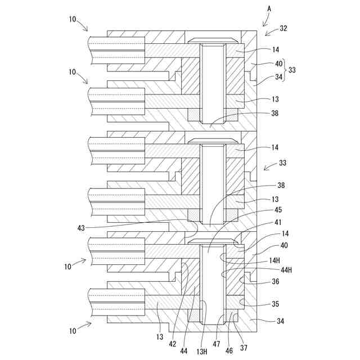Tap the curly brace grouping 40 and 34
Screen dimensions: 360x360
(x=284, y=70)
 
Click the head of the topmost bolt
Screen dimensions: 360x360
(x=213, y=40)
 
